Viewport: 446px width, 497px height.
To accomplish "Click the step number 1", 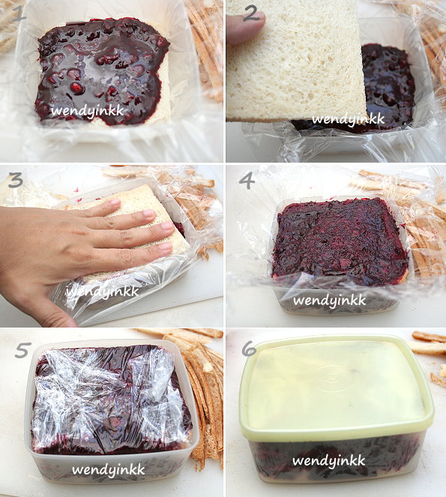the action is [x=19, y=15].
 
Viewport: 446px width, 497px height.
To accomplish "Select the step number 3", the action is [x=16, y=181].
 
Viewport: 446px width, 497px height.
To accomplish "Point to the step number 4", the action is [x=247, y=181].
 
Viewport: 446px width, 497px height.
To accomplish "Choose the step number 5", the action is [x=23, y=350].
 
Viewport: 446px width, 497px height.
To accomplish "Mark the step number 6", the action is [x=249, y=349].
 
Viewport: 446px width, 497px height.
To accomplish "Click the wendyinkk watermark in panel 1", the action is [x=87, y=111].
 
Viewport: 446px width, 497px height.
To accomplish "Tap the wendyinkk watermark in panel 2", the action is [x=348, y=119].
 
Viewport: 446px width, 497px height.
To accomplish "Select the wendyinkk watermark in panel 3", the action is [x=103, y=292].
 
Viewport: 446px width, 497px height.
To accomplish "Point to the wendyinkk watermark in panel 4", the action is [x=330, y=301].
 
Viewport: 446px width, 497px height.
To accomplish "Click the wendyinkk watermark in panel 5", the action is [x=109, y=470].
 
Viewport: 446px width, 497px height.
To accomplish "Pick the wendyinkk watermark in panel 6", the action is [x=329, y=461].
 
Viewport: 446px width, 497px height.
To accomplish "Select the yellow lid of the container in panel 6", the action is [x=336, y=388].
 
